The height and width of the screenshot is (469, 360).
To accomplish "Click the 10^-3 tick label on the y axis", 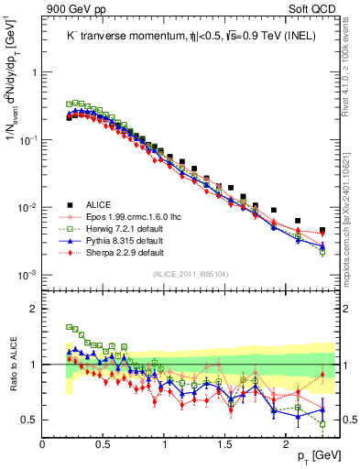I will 27,275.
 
